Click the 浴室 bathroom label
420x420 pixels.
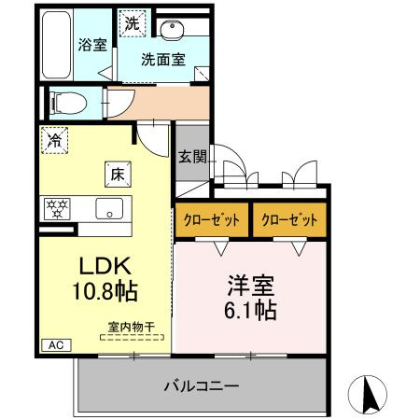point(91,45)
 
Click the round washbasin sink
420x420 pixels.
point(170,29)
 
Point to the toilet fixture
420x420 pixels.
point(66,100)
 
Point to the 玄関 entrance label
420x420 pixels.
point(192,157)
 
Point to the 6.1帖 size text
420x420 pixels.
point(249,310)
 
